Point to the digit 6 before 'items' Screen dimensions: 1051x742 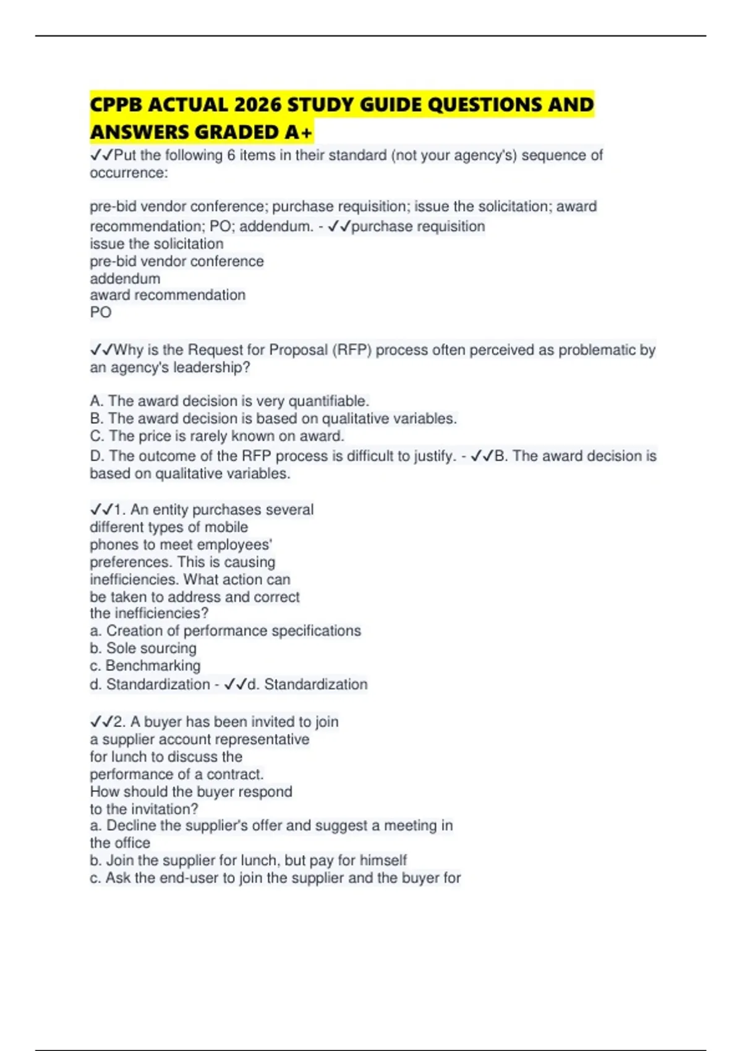tap(231, 155)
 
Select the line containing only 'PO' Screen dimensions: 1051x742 tap(101, 312)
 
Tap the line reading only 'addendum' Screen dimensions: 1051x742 tap(125, 278)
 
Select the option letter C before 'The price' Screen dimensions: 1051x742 tap(96, 436)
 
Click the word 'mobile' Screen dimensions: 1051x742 tap(226, 527)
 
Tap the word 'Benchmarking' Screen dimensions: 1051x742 tap(153, 666)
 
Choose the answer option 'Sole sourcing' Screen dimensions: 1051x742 tap(151, 649)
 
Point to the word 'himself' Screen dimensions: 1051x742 tap(383, 861)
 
